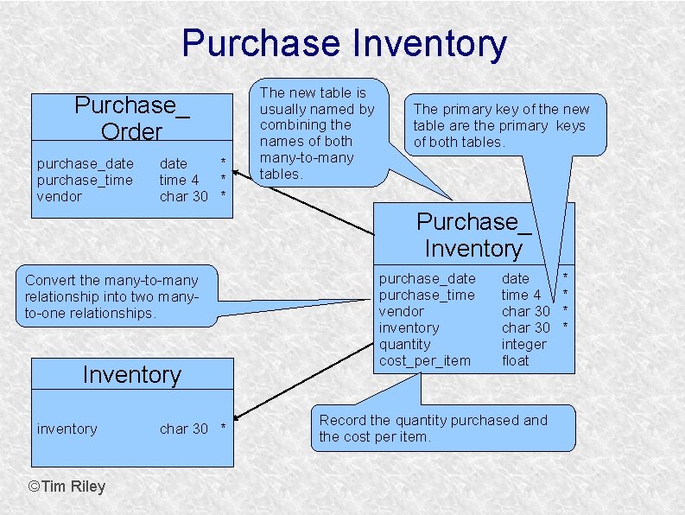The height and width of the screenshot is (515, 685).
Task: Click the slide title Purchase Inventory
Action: tap(344, 43)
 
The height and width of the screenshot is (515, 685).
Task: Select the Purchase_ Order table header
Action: tap(132, 118)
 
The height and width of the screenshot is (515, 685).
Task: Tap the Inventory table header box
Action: tap(132, 375)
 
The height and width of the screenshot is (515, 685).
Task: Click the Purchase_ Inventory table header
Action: tap(473, 234)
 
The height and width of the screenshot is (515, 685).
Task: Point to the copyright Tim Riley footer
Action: tap(67, 486)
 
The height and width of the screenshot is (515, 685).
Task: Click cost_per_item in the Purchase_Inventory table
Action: tap(425, 360)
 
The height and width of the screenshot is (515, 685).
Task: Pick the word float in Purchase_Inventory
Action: tap(515, 360)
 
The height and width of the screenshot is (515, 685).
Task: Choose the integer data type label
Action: tap(523, 344)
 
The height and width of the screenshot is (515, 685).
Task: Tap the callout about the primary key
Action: tap(501, 125)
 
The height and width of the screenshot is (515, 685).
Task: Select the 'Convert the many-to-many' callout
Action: tap(112, 296)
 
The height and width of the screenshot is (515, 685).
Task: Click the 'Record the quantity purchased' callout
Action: tap(434, 428)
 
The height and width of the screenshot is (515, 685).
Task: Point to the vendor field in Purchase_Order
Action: tap(60, 196)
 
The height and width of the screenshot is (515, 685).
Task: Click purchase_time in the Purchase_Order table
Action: tap(85, 180)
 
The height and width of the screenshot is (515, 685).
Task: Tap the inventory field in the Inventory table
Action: tap(67, 429)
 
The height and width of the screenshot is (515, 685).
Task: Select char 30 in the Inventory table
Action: tap(184, 429)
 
